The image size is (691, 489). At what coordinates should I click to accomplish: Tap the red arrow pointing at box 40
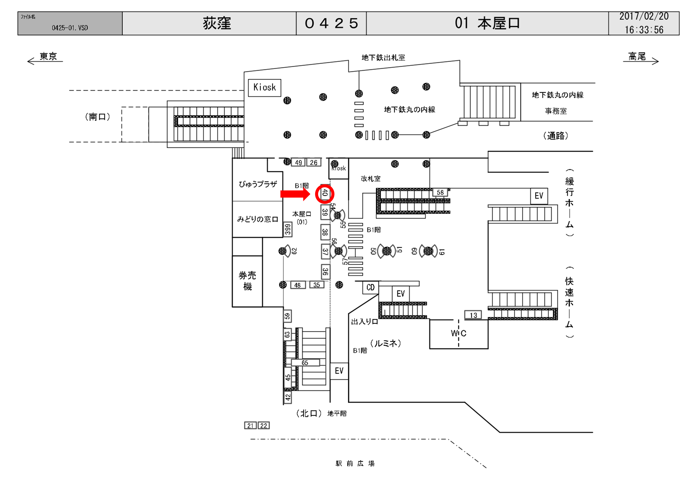tap(295, 194)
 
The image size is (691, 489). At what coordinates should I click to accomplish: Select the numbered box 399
tap(288, 229)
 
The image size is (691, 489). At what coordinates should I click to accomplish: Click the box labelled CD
tap(370, 288)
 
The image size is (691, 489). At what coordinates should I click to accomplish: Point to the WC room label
tap(458, 333)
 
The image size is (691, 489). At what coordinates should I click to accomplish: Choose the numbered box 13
tap(473, 315)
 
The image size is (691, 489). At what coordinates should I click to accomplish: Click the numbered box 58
tap(440, 192)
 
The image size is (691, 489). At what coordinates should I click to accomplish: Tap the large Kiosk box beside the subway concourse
tap(265, 88)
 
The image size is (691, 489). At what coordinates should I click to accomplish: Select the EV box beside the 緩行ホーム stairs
tap(539, 196)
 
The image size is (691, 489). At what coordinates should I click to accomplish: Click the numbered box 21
tap(250, 426)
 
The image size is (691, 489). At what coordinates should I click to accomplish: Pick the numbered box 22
tap(264, 426)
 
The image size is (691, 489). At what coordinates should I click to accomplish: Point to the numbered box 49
tap(298, 163)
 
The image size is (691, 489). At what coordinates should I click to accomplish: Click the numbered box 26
tap(314, 163)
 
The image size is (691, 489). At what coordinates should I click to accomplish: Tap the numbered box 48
tap(298, 285)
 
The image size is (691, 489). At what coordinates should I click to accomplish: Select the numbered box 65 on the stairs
tap(305, 363)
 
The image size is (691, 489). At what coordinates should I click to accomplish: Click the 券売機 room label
tap(247, 281)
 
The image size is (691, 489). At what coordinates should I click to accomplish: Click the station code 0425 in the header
tap(331, 23)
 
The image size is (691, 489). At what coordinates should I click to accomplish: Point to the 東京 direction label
tap(48, 56)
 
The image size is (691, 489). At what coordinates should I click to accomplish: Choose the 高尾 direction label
tap(637, 56)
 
